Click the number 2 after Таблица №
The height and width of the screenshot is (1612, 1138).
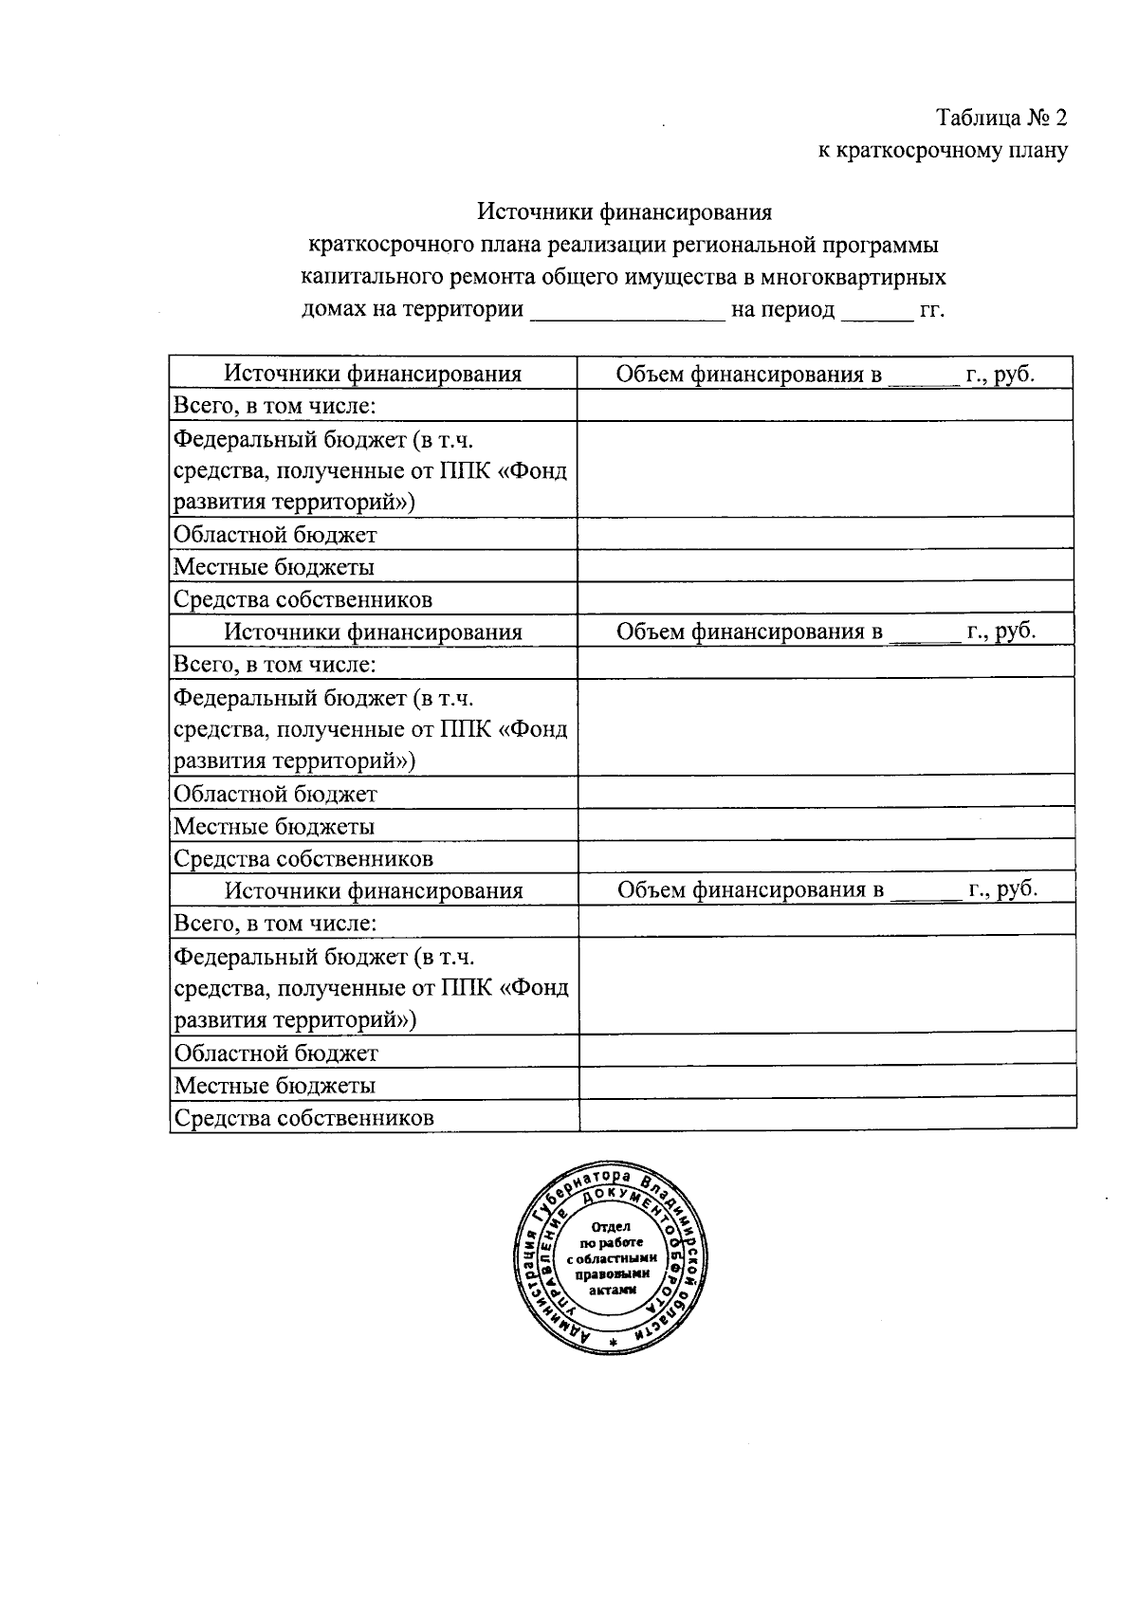click(1059, 118)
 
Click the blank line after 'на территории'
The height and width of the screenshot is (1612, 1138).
click(627, 311)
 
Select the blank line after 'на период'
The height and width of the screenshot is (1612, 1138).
click(875, 311)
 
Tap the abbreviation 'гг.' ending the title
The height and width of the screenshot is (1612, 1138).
click(932, 311)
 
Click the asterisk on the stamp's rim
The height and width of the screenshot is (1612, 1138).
click(613, 1344)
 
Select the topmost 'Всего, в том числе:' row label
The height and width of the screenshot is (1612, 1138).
click(274, 406)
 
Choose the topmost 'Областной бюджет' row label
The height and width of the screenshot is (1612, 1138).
click(274, 535)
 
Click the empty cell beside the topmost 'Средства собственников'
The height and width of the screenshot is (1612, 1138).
click(825, 598)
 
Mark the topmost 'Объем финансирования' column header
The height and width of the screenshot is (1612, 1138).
click(825, 374)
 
